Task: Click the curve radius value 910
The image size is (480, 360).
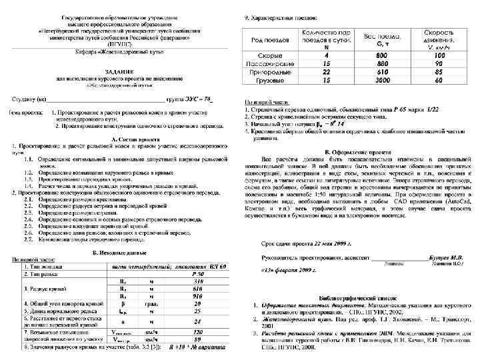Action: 198,295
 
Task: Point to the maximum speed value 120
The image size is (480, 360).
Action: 198,331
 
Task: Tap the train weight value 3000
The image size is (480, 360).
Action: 381,79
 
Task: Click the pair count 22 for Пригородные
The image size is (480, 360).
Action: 326,71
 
